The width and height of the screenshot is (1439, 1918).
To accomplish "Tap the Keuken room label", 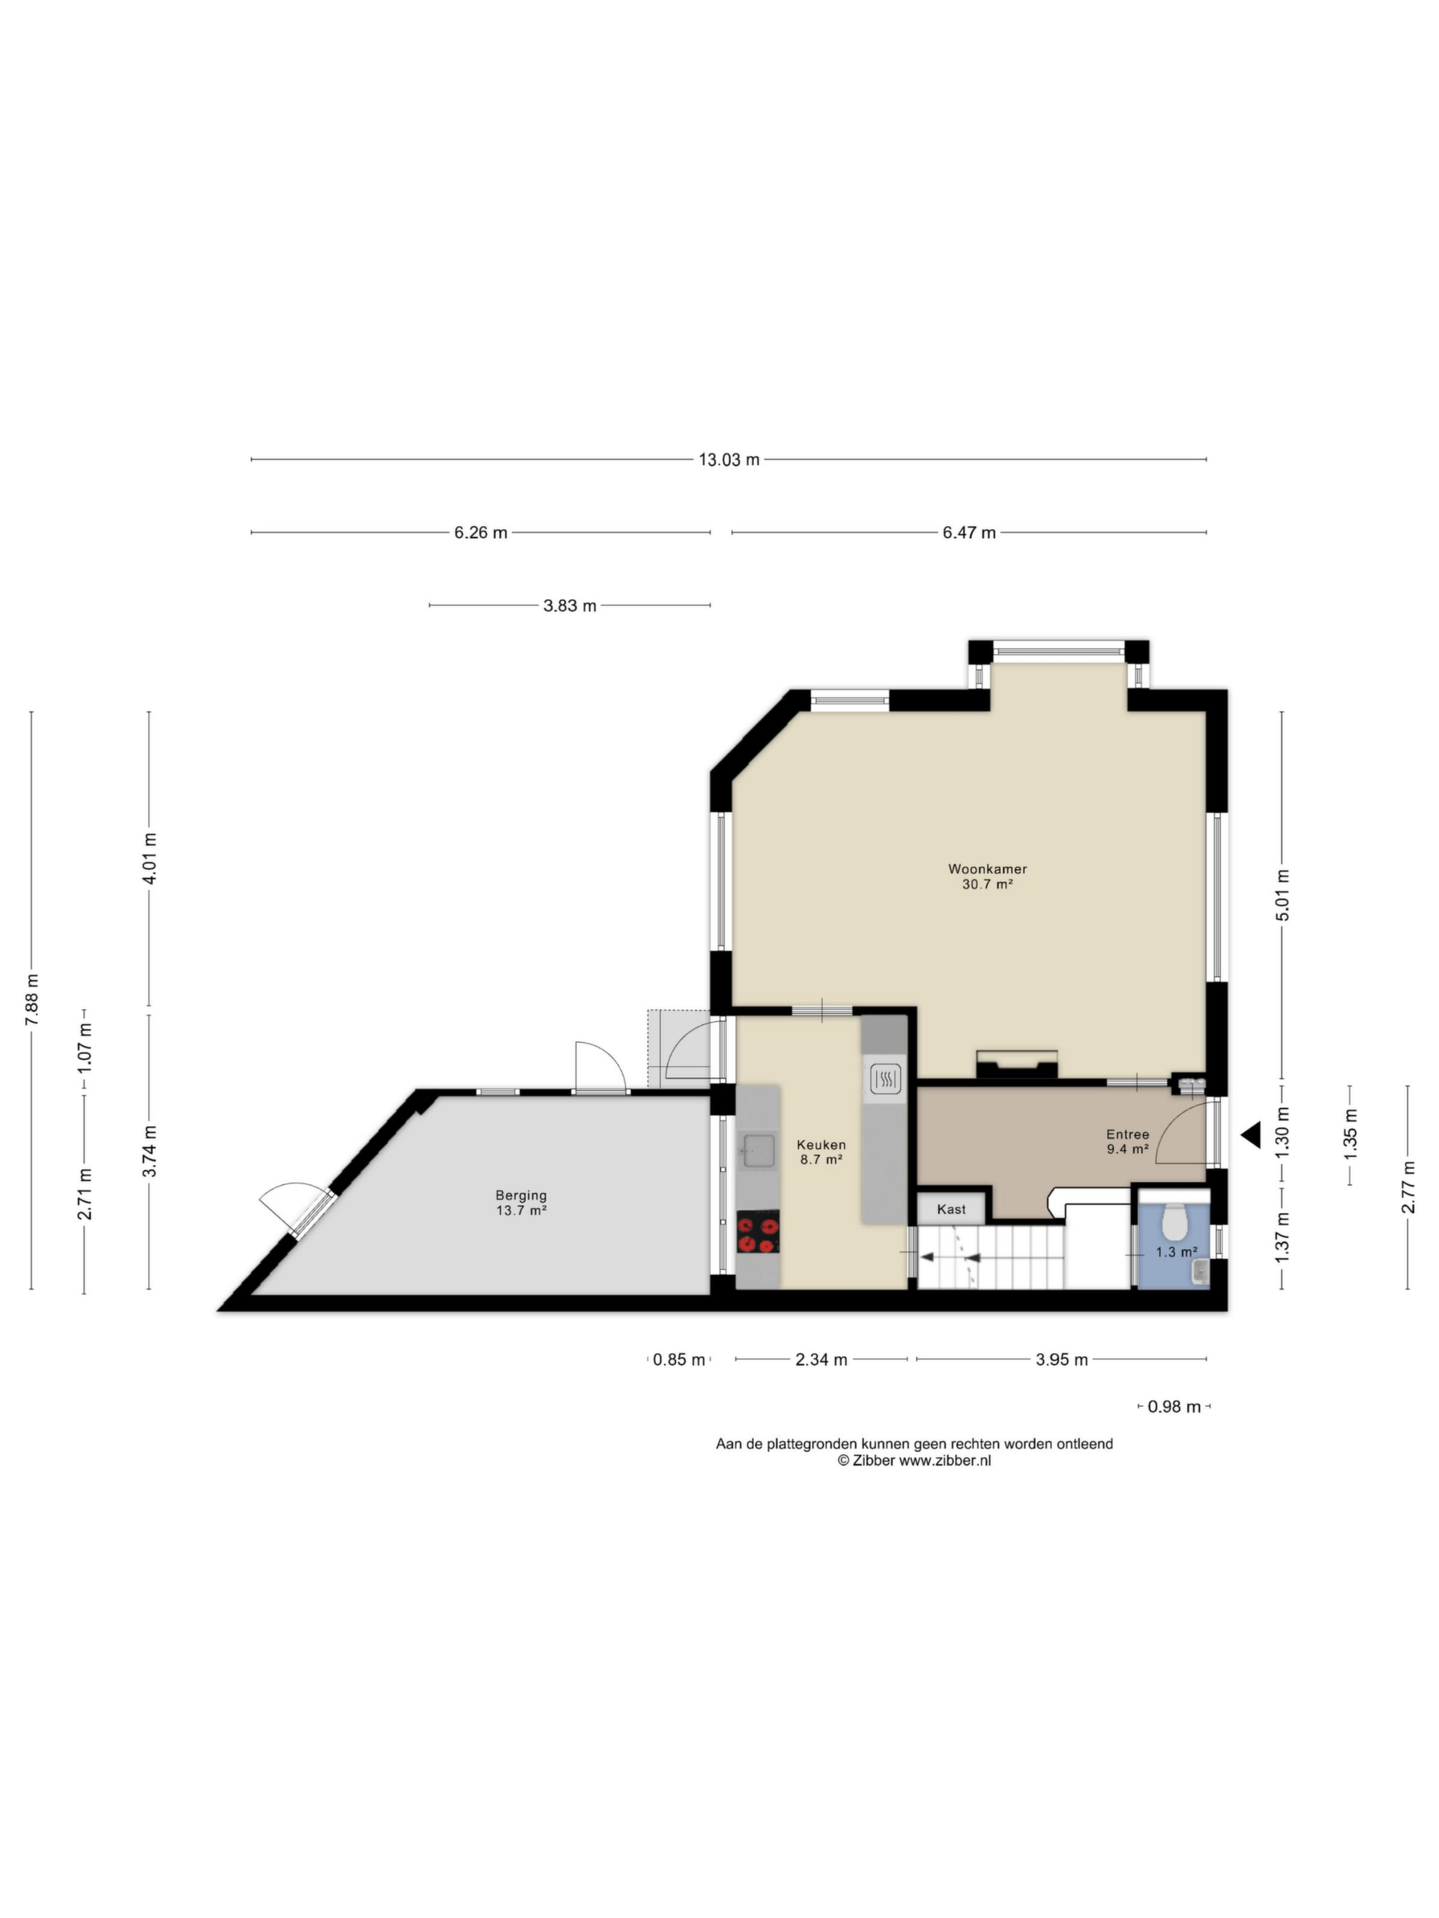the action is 821,1145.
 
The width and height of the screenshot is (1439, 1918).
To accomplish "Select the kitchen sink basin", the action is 756,1150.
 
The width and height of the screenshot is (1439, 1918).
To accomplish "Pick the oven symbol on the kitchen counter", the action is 884,1079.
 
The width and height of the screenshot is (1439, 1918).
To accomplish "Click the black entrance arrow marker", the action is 1250,1135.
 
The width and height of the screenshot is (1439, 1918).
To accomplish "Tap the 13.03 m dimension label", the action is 728,459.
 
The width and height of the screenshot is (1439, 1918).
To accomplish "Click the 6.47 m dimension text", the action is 969,533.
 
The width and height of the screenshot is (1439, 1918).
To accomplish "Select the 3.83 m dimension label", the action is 570,606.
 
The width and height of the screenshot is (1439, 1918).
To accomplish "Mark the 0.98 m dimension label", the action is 1174,1406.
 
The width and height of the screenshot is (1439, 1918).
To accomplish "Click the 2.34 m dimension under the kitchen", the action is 821,1360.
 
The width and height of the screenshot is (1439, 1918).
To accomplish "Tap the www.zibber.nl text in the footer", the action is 944,1460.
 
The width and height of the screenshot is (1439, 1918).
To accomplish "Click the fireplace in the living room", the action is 1016,1064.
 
